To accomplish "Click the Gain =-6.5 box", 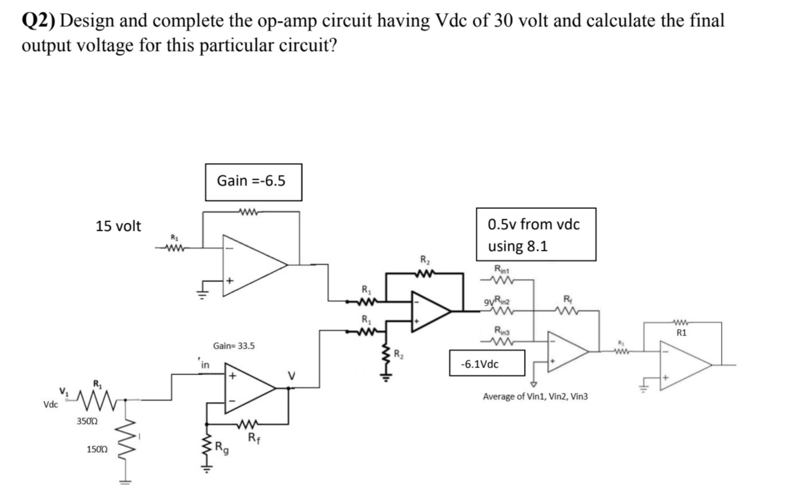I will [253, 182].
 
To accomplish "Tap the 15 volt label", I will [118, 226].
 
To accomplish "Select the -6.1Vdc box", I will [487, 363].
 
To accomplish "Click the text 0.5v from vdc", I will [534, 224].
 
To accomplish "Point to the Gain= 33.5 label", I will [234, 346].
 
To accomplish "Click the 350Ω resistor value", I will [87, 421].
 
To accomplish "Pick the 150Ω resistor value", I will [97, 449].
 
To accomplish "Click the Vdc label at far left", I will [50, 405].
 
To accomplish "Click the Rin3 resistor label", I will [502, 330].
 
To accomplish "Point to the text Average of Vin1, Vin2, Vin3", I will [535, 396].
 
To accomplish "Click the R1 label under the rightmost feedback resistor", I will [681, 333].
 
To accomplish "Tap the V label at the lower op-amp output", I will [292, 375].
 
